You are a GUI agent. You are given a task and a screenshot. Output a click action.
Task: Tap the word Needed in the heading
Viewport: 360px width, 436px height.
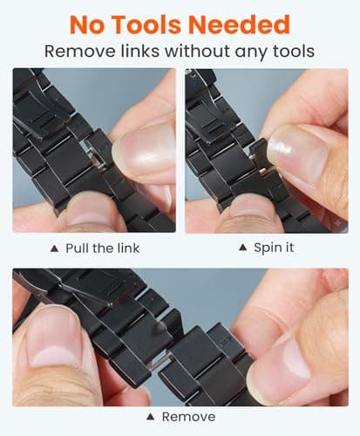point(239,25)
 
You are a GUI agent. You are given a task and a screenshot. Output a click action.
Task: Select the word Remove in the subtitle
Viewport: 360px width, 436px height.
point(80,51)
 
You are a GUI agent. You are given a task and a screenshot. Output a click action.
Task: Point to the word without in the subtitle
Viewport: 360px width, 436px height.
point(197,51)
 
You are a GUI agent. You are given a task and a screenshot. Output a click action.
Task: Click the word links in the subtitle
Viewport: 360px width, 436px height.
point(140,51)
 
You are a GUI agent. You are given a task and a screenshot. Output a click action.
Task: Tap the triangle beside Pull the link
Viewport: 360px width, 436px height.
point(55,249)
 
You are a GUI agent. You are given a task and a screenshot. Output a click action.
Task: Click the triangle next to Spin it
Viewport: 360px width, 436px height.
point(242,248)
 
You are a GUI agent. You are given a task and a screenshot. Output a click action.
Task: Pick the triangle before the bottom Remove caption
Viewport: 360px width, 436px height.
point(150,417)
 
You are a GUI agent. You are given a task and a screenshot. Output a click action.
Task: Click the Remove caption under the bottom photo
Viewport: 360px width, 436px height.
point(189,417)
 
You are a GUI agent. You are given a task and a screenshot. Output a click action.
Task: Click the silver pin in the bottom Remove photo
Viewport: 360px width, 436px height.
point(160,360)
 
